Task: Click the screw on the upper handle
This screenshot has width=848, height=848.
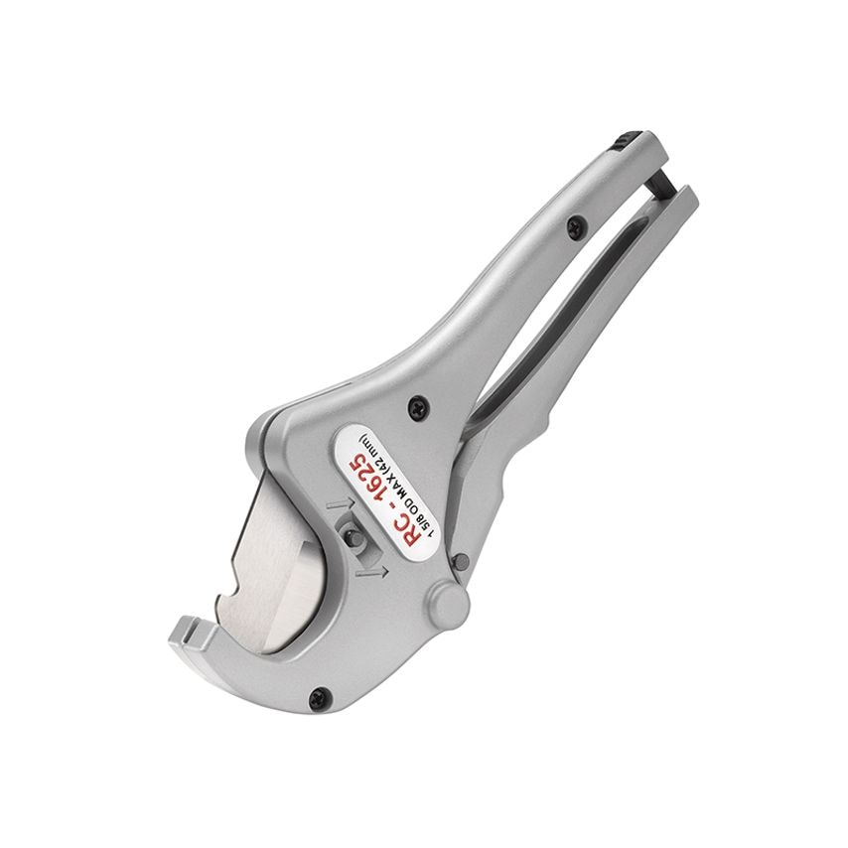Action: [574, 226]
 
